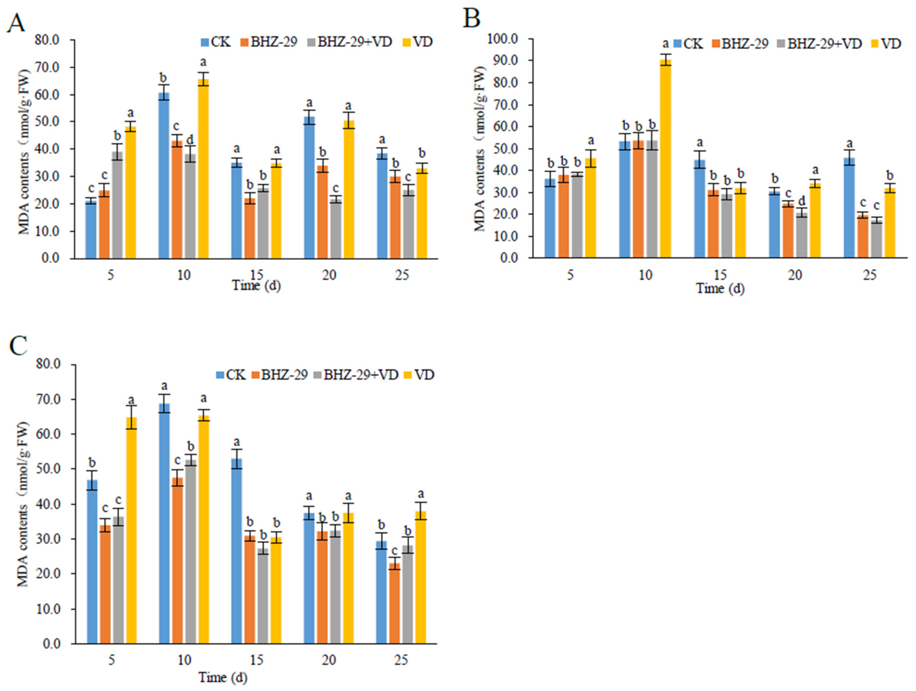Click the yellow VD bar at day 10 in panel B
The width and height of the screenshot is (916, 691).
click(x=665, y=159)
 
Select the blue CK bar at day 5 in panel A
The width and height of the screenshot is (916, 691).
click(x=91, y=229)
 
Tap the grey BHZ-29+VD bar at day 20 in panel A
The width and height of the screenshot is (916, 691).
click(x=336, y=229)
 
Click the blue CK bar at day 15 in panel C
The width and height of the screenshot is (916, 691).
click(x=237, y=551)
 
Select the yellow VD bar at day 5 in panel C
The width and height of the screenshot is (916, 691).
click(x=131, y=530)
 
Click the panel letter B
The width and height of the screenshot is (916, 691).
click(x=472, y=18)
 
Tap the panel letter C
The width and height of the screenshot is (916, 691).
click(x=18, y=345)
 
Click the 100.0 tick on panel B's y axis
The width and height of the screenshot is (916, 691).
click(x=503, y=39)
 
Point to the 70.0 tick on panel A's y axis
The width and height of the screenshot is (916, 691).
click(x=47, y=68)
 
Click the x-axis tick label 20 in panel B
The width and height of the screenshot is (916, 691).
click(x=795, y=275)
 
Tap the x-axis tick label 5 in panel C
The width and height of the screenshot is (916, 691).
click(x=112, y=660)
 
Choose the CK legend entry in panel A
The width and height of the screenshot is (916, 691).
click(x=215, y=42)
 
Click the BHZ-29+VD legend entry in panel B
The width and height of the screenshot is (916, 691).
click(x=820, y=44)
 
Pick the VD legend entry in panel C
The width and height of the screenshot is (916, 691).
click(x=419, y=375)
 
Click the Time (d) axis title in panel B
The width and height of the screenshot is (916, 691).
click(x=720, y=289)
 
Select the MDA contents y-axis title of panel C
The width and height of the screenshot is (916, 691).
click(x=23, y=504)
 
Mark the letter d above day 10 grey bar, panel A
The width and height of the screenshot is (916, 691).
click(x=190, y=139)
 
